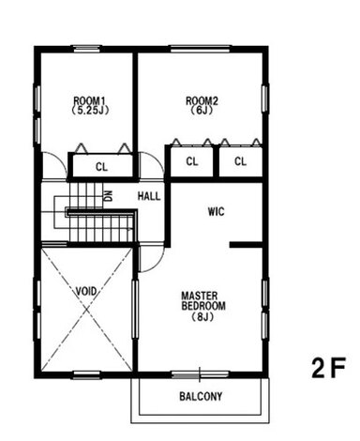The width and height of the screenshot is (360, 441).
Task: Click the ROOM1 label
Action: pos(90,101)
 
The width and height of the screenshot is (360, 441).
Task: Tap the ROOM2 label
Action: pos(202,101)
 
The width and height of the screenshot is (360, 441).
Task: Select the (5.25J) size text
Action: pos(90,110)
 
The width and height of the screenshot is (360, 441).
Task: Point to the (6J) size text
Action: pos(202,110)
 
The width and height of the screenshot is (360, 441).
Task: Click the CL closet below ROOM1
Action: pos(101,167)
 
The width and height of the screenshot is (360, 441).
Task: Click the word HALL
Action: pos(149,196)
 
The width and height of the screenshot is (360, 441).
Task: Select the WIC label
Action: pos(217,212)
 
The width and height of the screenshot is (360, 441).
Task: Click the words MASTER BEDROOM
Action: pos(203,301)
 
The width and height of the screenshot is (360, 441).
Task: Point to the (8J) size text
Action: pos(202,317)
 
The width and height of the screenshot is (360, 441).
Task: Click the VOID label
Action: pos(86,292)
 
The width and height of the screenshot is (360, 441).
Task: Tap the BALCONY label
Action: pos(201,397)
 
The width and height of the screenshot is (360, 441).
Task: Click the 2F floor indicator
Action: pos(329,368)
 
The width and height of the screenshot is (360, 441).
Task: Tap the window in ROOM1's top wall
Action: pos(87,49)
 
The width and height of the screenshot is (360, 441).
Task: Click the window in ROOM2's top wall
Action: pos(200,49)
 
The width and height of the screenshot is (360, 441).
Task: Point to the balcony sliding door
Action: pos(200,374)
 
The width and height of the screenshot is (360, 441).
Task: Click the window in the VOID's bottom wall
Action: pos(87,374)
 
